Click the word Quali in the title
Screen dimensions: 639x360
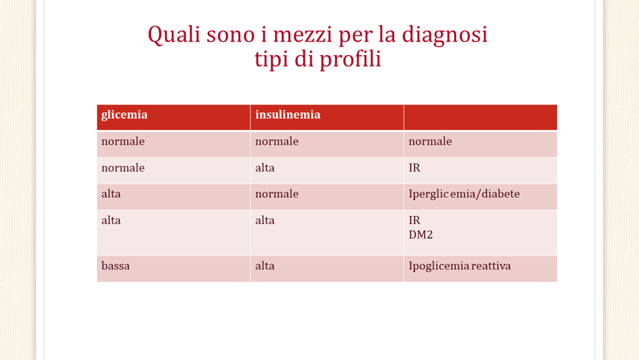(x=174, y=35)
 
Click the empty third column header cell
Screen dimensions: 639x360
(x=480, y=117)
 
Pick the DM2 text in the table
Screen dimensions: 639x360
(x=420, y=235)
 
